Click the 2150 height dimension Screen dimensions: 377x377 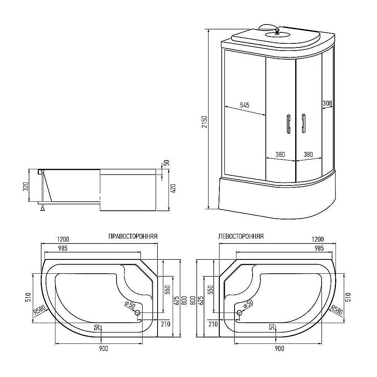(x=204, y=122)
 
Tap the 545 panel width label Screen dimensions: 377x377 (x=245, y=105)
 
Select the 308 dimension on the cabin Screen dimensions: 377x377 (x=327, y=103)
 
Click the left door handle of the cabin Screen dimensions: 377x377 (x=288, y=124)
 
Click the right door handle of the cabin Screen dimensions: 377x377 (x=303, y=123)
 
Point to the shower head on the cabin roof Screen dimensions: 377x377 (x=277, y=31)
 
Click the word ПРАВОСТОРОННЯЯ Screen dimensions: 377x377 (x=133, y=236)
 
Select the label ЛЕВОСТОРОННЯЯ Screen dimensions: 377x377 (x=241, y=236)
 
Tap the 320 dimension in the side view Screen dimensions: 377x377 (x=26, y=186)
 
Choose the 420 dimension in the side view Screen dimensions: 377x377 (x=173, y=188)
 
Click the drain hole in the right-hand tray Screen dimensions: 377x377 (x=138, y=313)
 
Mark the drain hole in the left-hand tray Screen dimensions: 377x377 (x=239, y=313)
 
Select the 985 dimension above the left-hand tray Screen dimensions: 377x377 (x=319, y=248)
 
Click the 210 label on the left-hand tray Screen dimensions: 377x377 (x=213, y=324)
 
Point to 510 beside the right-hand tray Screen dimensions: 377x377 (x=28, y=297)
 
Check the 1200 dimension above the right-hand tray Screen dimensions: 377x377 (x=63, y=239)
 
